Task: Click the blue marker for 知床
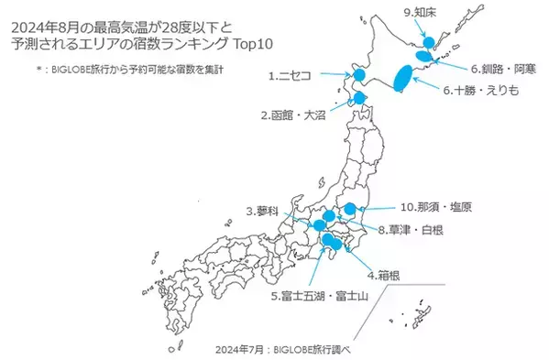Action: [x=426, y=42]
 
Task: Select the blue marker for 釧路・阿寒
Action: [x=424, y=56]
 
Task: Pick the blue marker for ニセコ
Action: [x=358, y=75]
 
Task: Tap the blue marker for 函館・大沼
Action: [x=359, y=98]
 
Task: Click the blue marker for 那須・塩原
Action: [x=349, y=208]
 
